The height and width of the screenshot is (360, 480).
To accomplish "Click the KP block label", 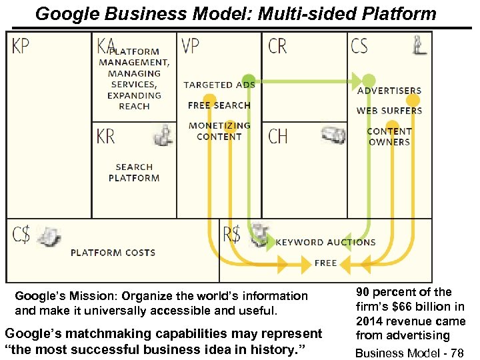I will point(21,46).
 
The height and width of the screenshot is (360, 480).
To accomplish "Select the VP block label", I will point(190,46).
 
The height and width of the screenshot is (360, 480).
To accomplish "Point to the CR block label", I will point(277,46).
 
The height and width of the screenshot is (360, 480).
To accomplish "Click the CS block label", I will point(359,46).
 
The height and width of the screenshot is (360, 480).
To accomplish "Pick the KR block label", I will point(107,137).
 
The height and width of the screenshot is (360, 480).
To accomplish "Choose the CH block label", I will point(277,137).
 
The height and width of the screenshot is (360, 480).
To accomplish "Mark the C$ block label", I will point(21,234).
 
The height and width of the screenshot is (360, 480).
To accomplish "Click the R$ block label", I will point(232,234).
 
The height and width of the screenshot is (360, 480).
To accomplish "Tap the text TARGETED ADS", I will point(219,85).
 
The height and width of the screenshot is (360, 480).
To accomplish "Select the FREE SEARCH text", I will point(219,105).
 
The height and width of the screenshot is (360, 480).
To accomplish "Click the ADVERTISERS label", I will point(389,91).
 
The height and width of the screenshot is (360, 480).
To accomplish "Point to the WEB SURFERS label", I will point(389,111).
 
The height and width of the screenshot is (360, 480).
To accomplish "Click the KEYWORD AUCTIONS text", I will point(325,243).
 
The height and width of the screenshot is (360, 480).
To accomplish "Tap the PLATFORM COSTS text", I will point(113,253).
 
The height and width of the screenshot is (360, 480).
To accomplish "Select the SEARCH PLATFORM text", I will point(134,173).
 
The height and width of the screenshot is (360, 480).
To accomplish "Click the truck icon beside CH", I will point(333,135).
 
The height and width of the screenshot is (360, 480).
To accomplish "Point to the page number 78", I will point(457,353).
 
